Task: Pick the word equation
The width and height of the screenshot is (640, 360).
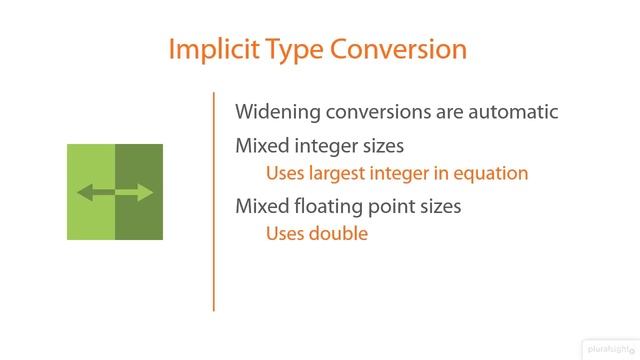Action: click(487, 173)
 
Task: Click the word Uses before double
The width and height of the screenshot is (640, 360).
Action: click(285, 234)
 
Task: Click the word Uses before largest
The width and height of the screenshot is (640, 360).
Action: click(285, 173)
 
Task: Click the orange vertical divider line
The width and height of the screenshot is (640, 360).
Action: click(213, 200)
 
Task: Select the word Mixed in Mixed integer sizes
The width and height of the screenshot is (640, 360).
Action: click(260, 146)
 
